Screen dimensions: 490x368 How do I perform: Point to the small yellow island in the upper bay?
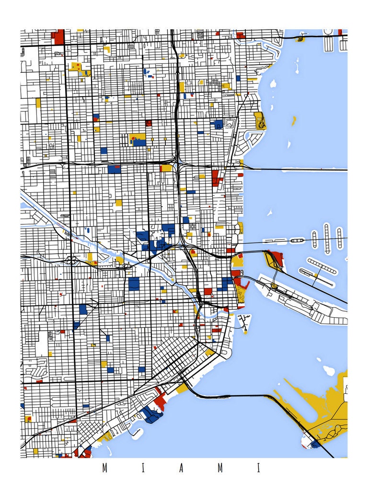[293, 120]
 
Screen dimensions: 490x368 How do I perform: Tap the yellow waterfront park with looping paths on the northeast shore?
[260, 122]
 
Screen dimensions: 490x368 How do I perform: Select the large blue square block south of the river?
[134, 283]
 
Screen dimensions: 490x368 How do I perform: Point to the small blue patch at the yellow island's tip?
[315, 445]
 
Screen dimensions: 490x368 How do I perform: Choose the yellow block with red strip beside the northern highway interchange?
[166, 167]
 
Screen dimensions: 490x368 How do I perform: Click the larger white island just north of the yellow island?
[329, 370]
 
